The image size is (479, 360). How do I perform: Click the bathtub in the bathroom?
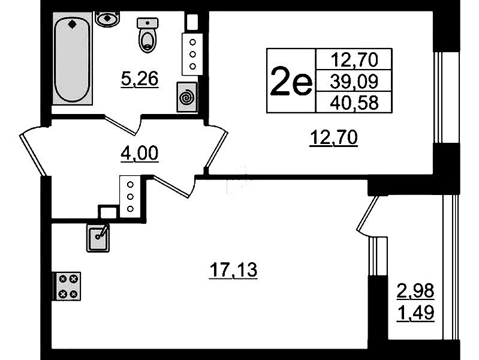[x=73, y=58]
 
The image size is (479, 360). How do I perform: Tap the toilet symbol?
[x=148, y=35]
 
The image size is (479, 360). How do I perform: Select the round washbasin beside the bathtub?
[x=107, y=19]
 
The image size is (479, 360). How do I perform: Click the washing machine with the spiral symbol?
[x=186, y=97]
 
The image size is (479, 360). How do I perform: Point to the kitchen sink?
[x=98, y=238]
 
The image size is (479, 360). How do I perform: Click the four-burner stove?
[x=67, y=286]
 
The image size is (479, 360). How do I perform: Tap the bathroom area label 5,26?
[x=140, y=79]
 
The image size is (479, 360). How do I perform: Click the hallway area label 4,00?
[x=140, y=153]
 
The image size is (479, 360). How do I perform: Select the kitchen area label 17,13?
[x=233, y=270]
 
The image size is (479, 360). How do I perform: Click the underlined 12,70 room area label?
[x=333, y=137]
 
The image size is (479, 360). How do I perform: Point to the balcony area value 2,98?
[x=415, y=290]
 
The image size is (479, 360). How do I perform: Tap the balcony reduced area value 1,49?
[x=415, y=313]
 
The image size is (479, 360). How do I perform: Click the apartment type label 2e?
[x=291, y=81]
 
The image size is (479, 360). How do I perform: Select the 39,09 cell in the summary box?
[x=354, y=81]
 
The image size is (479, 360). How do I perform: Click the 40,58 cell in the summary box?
[x=354, y=103]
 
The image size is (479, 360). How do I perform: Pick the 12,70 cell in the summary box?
[x=354, y=59]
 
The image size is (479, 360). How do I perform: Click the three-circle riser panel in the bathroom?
[x=192, y=54]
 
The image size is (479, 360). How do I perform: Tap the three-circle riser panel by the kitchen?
[x=131, y=196]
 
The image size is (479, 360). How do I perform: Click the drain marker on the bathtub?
[x=72, y=24]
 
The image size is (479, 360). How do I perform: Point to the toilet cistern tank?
[x=148, y=23]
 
